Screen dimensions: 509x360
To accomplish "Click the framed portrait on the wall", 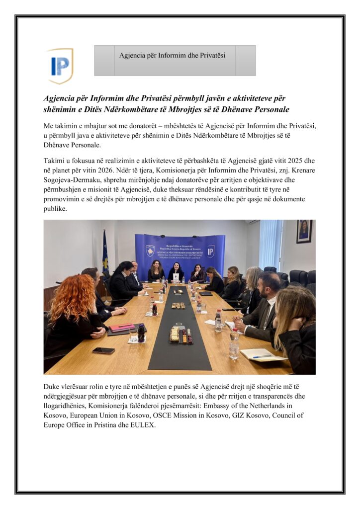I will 304,231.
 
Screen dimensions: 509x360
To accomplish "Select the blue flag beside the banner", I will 105,254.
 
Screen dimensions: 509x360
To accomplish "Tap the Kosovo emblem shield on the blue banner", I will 150,250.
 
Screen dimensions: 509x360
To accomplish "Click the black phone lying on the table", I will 103,350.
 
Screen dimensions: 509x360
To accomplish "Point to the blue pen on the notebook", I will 262,356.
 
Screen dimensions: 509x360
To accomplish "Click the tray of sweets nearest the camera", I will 180,334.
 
